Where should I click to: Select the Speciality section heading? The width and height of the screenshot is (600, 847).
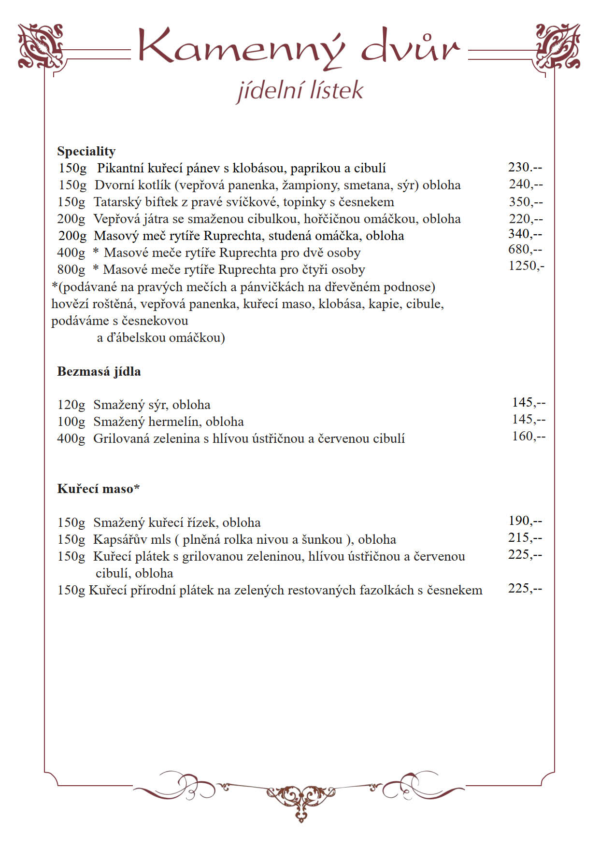point(86,151)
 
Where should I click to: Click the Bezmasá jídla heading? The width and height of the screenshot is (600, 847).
point(99,371)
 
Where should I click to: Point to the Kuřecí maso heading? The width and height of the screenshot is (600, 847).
point(98,489)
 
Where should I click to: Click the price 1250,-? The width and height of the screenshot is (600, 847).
point(526,266)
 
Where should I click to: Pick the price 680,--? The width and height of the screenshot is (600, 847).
point(525,249)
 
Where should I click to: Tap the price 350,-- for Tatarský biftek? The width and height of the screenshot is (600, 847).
point(526,202)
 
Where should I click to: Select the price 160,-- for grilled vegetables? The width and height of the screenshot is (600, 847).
point(529,436)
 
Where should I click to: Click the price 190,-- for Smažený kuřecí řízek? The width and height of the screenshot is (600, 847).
point(525,521)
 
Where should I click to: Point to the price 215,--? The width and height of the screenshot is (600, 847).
point(525,537)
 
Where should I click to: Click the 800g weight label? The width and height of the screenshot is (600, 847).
point(71,269)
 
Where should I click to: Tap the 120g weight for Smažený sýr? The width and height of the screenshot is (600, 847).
point(71,405)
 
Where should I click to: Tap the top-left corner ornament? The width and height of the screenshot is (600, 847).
point(41,46)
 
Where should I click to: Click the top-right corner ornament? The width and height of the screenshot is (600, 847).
point(558,46)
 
